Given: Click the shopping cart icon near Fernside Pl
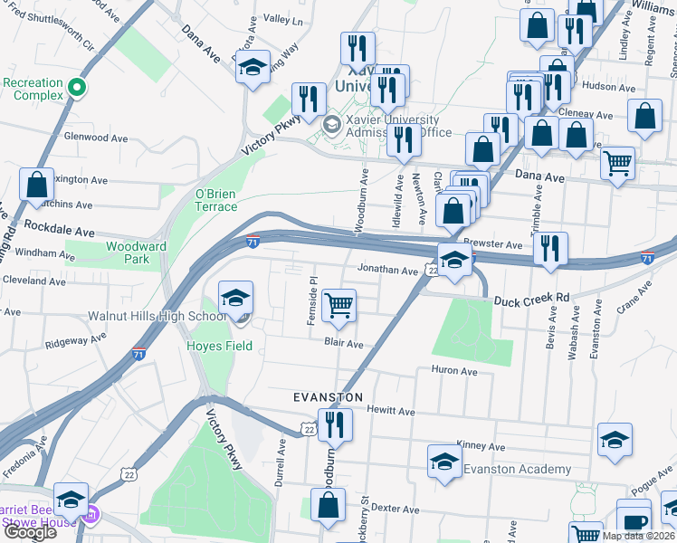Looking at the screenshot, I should click(x=338, y=304).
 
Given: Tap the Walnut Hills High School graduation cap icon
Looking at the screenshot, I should click(x=235, y=297).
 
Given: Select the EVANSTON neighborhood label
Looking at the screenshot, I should click(x=328, y=397).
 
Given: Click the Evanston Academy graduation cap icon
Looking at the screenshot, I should click(x=443, y=462).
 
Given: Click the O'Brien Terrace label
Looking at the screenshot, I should click(x=216, y=200).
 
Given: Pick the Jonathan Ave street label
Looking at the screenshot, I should click(x=386, y=270).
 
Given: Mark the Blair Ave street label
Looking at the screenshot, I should click(x=344, y=344).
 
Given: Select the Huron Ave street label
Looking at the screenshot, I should click(x=454, y=370).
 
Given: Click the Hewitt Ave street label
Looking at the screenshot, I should click(x=391, y=412).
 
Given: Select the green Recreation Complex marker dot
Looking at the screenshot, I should click(x=78, y=89).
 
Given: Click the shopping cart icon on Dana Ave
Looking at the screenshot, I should click(x=618, y=163).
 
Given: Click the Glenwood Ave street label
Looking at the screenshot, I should click(x=94, y=138).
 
